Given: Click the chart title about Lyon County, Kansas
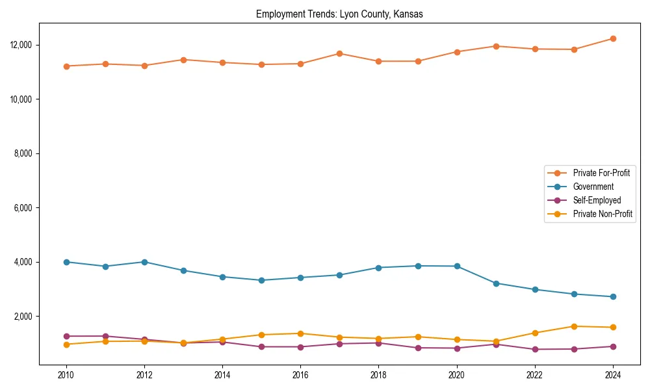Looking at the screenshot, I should click(339, 14).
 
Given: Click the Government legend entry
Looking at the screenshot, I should click(593, 187).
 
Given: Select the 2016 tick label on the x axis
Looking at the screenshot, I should click(300, 375).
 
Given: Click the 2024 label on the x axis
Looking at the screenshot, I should click(613, 375).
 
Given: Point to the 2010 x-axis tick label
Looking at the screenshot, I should click(66, 375).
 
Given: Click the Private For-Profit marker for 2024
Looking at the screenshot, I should click(613, 39).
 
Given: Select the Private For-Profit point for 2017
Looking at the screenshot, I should click(339, 53).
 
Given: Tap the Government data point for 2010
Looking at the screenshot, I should click(66, 262).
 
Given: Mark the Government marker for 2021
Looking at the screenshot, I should click(496, 283).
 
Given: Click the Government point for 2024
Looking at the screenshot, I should click(613, 297).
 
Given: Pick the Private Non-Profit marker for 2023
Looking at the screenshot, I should click(574, 326).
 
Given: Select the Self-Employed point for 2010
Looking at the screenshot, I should click(66, 336).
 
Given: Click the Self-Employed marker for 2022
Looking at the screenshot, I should click(535, 349).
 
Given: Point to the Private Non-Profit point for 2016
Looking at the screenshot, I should click(300, 333).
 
